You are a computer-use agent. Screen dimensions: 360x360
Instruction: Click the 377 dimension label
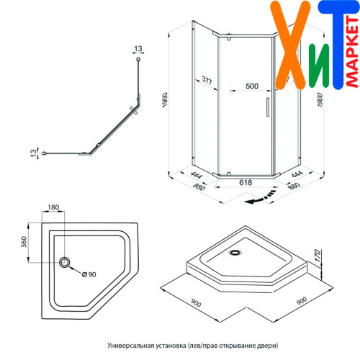[x=207, y=80]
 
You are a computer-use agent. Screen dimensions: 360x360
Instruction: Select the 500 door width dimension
[x=252, y=86]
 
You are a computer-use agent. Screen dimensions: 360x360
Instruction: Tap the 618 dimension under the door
[x=246, y=183]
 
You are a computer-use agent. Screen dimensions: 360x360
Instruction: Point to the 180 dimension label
[x=53, y=207]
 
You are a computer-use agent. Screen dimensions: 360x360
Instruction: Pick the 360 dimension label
[x=24, y=242]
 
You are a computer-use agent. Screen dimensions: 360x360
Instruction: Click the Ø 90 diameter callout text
[x=89, y=274]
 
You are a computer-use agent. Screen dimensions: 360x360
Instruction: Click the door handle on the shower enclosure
[x=268, y=107]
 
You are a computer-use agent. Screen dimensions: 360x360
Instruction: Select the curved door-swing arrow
[x=260, y=197]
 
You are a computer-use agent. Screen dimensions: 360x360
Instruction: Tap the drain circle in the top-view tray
[x=64, y=262]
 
